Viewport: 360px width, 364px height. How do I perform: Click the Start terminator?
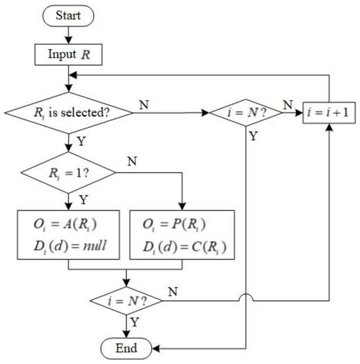68,15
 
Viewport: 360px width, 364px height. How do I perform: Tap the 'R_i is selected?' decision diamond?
68,113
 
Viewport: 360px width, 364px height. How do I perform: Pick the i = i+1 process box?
329,113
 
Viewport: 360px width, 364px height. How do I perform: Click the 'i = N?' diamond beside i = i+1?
246,113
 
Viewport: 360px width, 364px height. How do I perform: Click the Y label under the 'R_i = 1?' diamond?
80,199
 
